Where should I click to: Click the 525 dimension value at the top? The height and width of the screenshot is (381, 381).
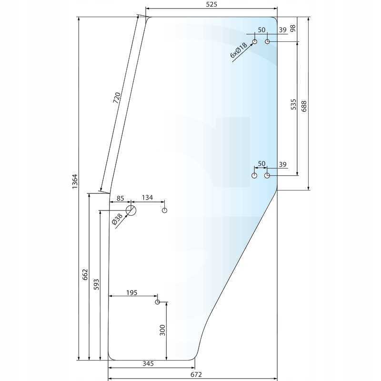pos(211,4)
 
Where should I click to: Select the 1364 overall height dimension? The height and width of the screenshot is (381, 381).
pos(75,181)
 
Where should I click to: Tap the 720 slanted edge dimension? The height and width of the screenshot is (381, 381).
pos(117,98)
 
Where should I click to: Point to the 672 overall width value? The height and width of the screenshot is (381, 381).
pos(196,374)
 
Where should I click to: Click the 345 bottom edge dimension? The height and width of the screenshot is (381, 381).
pos(148,363)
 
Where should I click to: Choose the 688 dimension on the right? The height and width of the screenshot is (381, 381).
pos(304,106)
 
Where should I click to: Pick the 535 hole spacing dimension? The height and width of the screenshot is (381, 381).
pos(293,104)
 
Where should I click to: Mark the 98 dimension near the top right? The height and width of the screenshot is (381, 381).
pos(293,28)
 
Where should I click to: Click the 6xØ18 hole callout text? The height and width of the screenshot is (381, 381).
pos(239,50)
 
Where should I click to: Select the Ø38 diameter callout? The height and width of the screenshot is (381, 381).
pos(117,220)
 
